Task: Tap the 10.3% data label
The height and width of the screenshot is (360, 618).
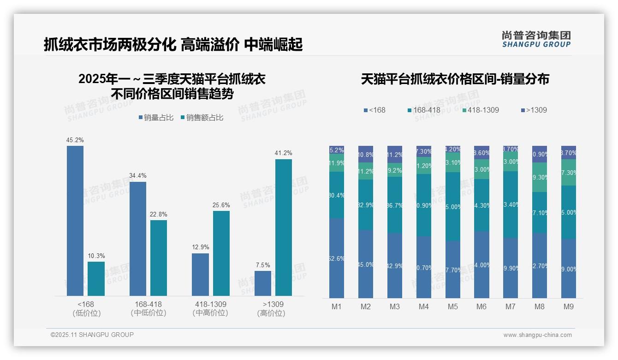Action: coord(96,256)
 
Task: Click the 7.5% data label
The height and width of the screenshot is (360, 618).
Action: coord(263,265)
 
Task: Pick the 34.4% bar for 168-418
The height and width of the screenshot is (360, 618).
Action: coord(138,239)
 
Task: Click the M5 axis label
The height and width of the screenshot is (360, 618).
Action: coord(453,306)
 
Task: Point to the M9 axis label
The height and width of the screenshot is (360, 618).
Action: coord(569,306)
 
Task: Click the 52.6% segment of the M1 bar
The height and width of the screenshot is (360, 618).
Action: coord(337,258)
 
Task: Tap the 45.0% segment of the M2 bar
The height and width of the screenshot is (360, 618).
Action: coord(366,264)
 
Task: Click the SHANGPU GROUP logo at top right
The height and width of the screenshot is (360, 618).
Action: coord(536,39)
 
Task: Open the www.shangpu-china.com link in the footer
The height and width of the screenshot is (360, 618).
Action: coord(537,335)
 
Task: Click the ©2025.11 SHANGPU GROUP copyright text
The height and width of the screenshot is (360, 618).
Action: coord(92,335)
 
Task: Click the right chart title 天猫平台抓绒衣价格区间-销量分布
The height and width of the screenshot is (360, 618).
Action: coord(455,79)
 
